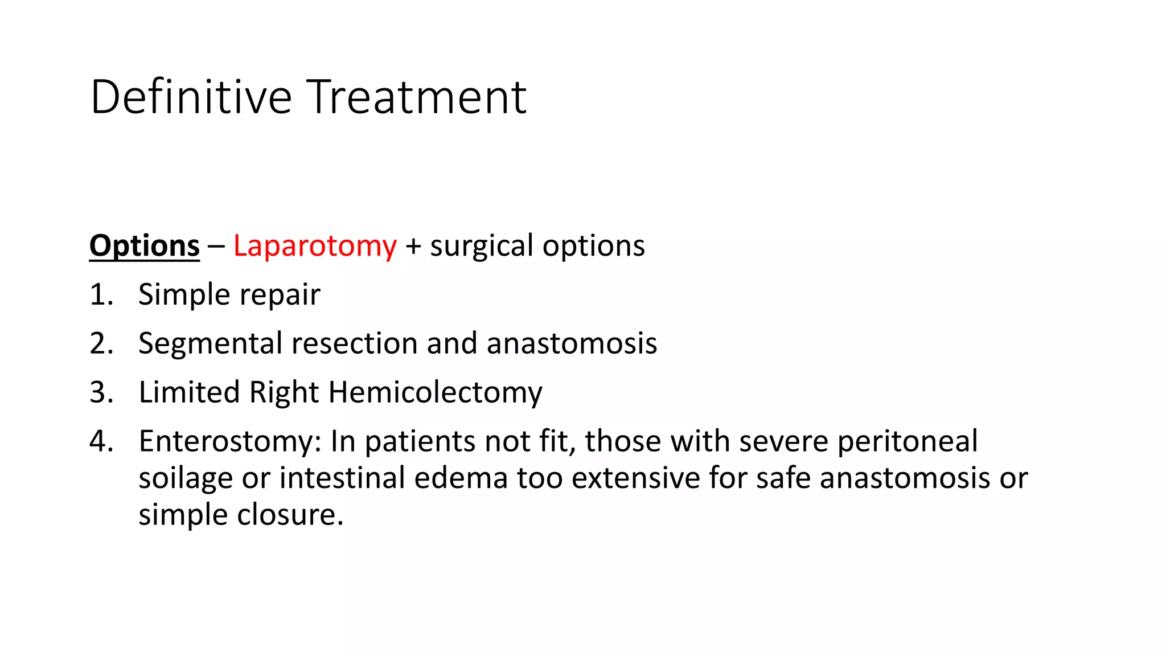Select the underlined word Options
tap(145, 246)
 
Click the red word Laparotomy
tap(315, 246)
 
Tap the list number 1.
tap(101, 295)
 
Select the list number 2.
tap(101, 344)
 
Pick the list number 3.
tap(101, 393)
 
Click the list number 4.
tap(101, 442)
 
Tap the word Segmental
tap(210, 344)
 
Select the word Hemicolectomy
tap(435, 393)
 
